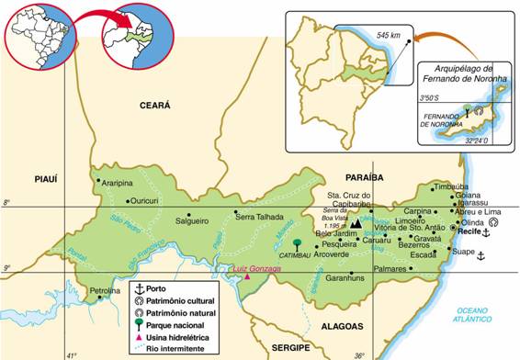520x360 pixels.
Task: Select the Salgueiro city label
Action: [x=192, y=221]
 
